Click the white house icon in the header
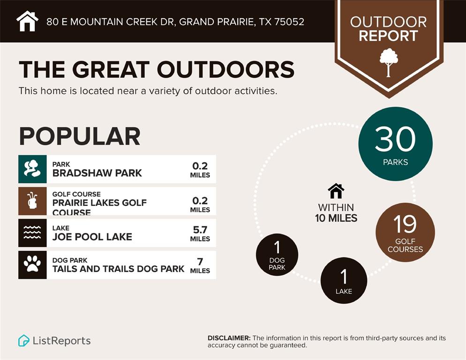[x=27, y=21]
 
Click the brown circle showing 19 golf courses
[x=405, y=232]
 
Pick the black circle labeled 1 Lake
[x=344, y=280]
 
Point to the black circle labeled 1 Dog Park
[x=277, y=255]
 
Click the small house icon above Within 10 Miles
[x=336, y=191]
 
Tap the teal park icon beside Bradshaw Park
[x=32, y=169]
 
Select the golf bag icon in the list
[x=32, y=201]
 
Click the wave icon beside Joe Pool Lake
[x=32, y=232]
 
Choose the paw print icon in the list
[x=32, y=264]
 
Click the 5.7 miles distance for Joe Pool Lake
[x=200, y=233]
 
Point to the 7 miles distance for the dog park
[x=200, y=265]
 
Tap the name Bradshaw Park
[x=97, y=173]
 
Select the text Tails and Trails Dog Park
[x=118, y=269]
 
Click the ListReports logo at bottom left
[x=54, y=341]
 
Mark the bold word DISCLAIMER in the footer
[x=229, y=338]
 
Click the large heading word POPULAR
[x=80, y=136]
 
